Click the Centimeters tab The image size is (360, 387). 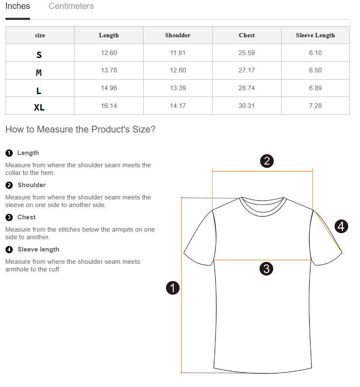click(x=71, y=6)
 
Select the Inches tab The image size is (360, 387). click(x=17, y=6)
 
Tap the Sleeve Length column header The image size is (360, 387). click(x=315, y=35)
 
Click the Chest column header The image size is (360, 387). click(x=246, y=35)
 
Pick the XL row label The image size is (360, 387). click(x=39, y=108)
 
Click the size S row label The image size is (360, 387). click(x=39, y=55)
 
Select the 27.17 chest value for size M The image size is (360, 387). click(x=246, y=70)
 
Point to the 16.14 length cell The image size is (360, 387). click(x=109, y=106)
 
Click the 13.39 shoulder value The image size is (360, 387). click(x=178, y=88)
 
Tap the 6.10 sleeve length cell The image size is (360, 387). click(x=315, y=53)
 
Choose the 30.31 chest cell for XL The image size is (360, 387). click(x=246, y=106)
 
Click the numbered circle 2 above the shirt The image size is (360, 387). click(x=267, y=161)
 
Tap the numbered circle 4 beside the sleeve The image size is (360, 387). click(x=341, y=227)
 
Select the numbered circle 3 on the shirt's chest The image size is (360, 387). click(x=266, y=268)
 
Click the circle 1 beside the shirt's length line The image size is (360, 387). click(x=173, y=288)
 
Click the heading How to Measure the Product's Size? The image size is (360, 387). click(x=80, y=129)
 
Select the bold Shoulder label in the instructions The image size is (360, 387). click(x=32, y=185)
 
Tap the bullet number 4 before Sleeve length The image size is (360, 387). click(x=9, y=249)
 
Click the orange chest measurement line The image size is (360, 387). click(x=262, y=260)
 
